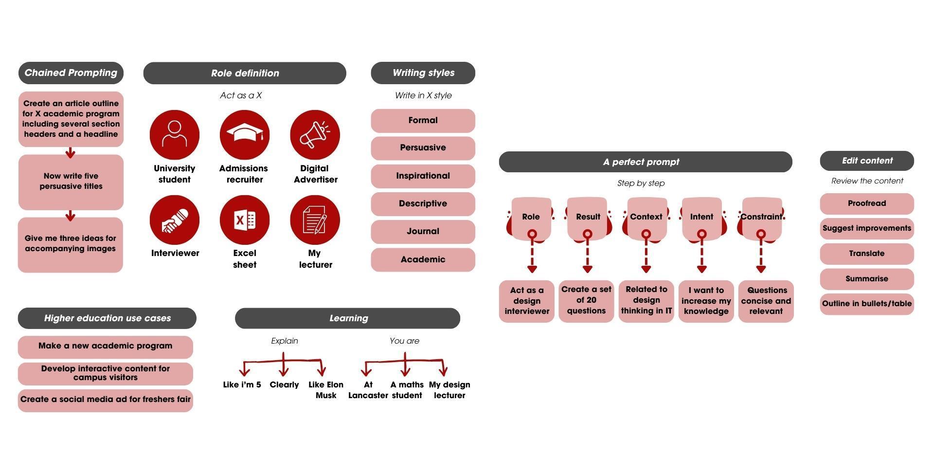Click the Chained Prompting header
click(x=71, y=73)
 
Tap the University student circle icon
click(x=174, y=134)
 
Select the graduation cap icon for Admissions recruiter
click(x=244, y=134)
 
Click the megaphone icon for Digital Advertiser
click(x=315, y=134)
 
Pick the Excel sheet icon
click(x=244, y=220)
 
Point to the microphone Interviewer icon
click(x=174, y=220)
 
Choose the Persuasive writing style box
click(x=423, y=148)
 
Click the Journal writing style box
click(x=423, y=232)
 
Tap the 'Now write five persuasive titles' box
click(x=71, y=182)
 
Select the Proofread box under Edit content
click(x=866, y=203)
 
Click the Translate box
click(x=866, y=254)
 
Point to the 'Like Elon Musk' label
click(x=326, y=390)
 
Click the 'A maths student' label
click(x=407, y=390)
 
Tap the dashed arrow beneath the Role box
click(x=532, y=256)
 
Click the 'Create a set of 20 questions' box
click(x=586, y=301)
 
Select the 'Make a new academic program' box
click(x=105, y=347)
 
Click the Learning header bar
click(x=347, y=318)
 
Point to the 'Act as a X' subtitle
click(x=241, y=95)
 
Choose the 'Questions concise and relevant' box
click(x=766, y=301)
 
